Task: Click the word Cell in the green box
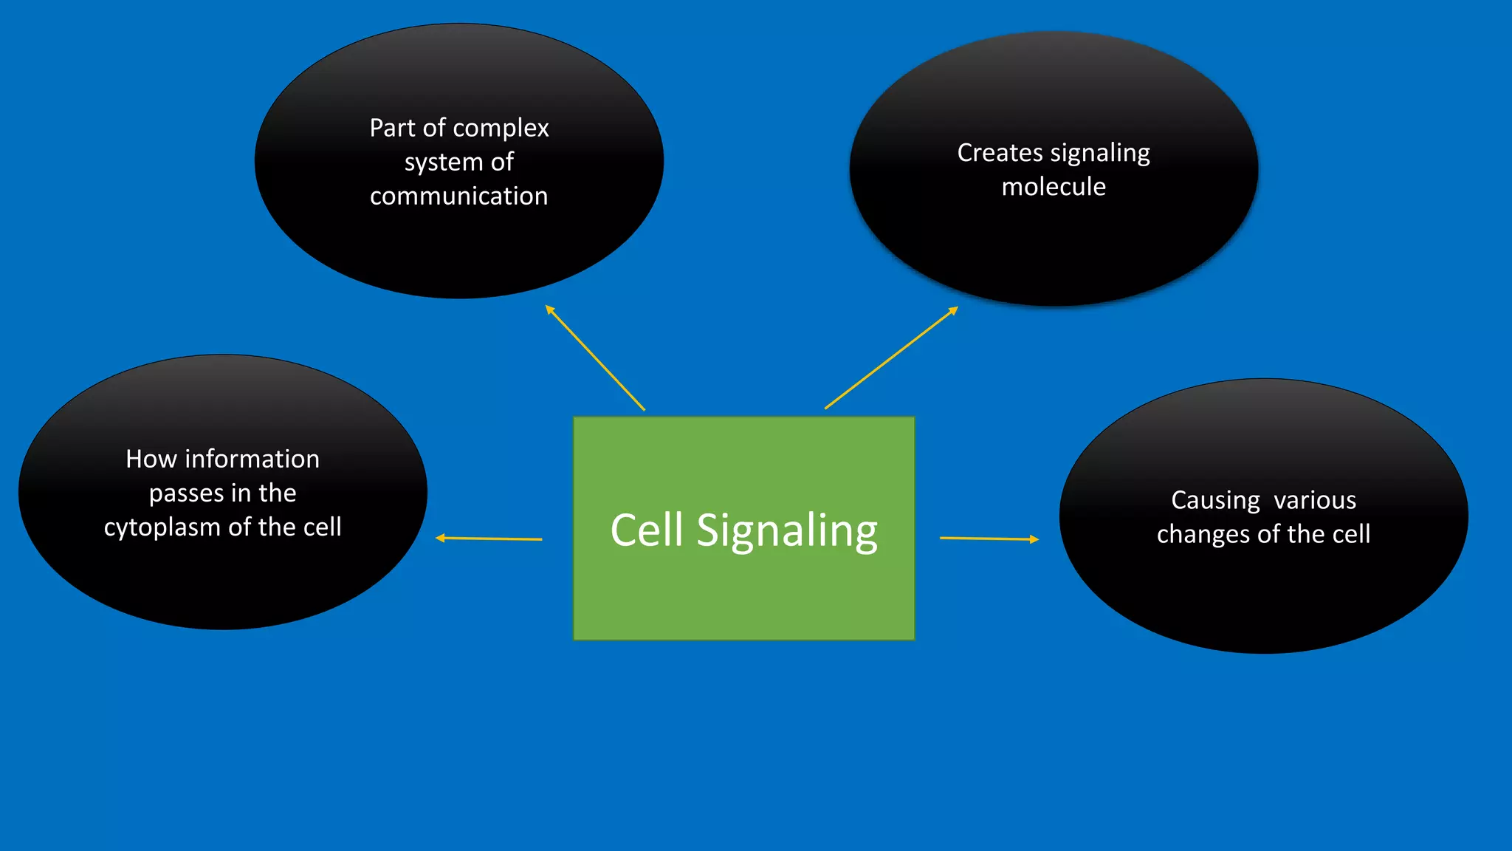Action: point(646,530)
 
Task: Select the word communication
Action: point(458,196)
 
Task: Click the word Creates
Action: point(1000,152)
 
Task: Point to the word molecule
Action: point(1054,187)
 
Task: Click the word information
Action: point(252,459)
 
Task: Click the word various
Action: point(1315,500)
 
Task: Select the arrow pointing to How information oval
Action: point(489,539)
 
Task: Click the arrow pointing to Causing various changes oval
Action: point(989,539)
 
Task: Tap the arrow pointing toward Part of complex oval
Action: point(594,357)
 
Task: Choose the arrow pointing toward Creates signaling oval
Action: point(891,358)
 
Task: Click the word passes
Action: point(186,493)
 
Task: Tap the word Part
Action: point(392,129)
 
